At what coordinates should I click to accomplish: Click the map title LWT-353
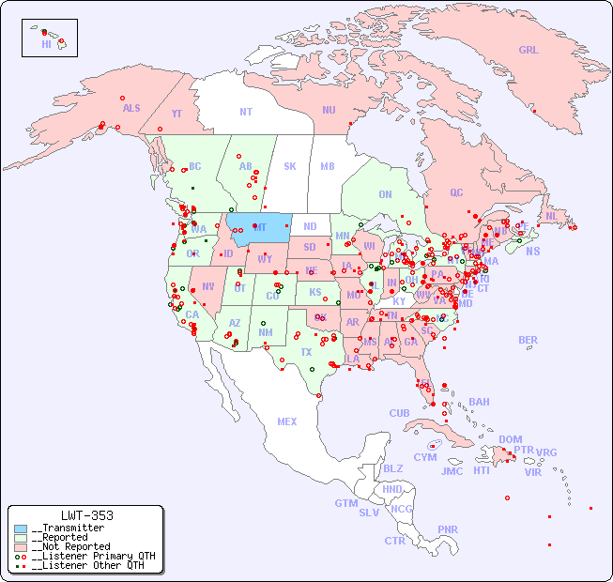pyautogui.click(x=86, y=515)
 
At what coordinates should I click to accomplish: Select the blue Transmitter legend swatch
pyautogui.click(x=21, y=528)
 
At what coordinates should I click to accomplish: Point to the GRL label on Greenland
pyautogui.click(x=529, y=51)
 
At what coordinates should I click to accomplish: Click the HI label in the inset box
pyautogui.click(x=46, y=44)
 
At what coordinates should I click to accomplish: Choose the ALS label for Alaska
pyautogui.click(x=131, y=108)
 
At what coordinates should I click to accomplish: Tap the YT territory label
pyautogui.click(x=176, y=114)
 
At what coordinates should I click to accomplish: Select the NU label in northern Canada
pyautogui.click(x=329, y=110)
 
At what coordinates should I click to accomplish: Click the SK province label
pyautogui.click(x=290, y=167)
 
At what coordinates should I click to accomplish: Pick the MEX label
pyautogui.click(x=287, y=421)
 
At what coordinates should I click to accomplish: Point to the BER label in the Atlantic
pyautogui.click(x=528, y=340)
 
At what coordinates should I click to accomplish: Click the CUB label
pyautogui.click(x=400, y=413)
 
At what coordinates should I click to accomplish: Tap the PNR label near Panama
pyautogui.click(x=448, y=529)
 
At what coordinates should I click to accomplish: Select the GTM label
pyautogui.click(x=345, y=503)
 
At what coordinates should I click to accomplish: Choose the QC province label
pyautogui.click(x=456, y=192)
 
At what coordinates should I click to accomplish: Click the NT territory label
pyautogui.click(x=246, y=112)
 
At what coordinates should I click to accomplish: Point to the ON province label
pyautogui.click(x=385, y=195)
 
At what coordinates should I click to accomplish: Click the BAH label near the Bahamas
pyautogui.click(x=479, y=402)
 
